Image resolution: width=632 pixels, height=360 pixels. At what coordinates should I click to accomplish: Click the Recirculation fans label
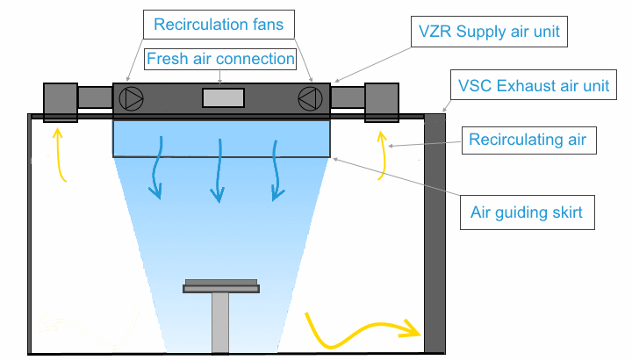point(219,25)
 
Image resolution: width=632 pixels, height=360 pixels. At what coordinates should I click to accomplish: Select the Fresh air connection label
point(219,60)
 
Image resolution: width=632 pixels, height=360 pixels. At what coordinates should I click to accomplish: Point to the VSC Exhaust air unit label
point(533,86)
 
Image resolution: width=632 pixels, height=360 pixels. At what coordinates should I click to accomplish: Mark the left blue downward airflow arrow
point(159,167)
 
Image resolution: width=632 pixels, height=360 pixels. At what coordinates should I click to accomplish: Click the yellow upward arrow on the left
point(61,155)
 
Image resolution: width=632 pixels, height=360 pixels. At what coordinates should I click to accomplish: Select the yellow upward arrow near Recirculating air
point(382,155)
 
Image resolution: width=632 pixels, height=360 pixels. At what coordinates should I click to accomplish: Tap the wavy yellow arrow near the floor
point(360,329)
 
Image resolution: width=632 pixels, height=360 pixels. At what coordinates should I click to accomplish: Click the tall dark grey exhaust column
point(434,233)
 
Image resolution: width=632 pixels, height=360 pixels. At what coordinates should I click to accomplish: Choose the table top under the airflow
point(220,285)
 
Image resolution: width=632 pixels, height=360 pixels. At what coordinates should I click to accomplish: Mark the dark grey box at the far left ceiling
point(61,101)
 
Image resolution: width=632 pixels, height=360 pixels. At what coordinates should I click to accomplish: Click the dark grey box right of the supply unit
point(383,101)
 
